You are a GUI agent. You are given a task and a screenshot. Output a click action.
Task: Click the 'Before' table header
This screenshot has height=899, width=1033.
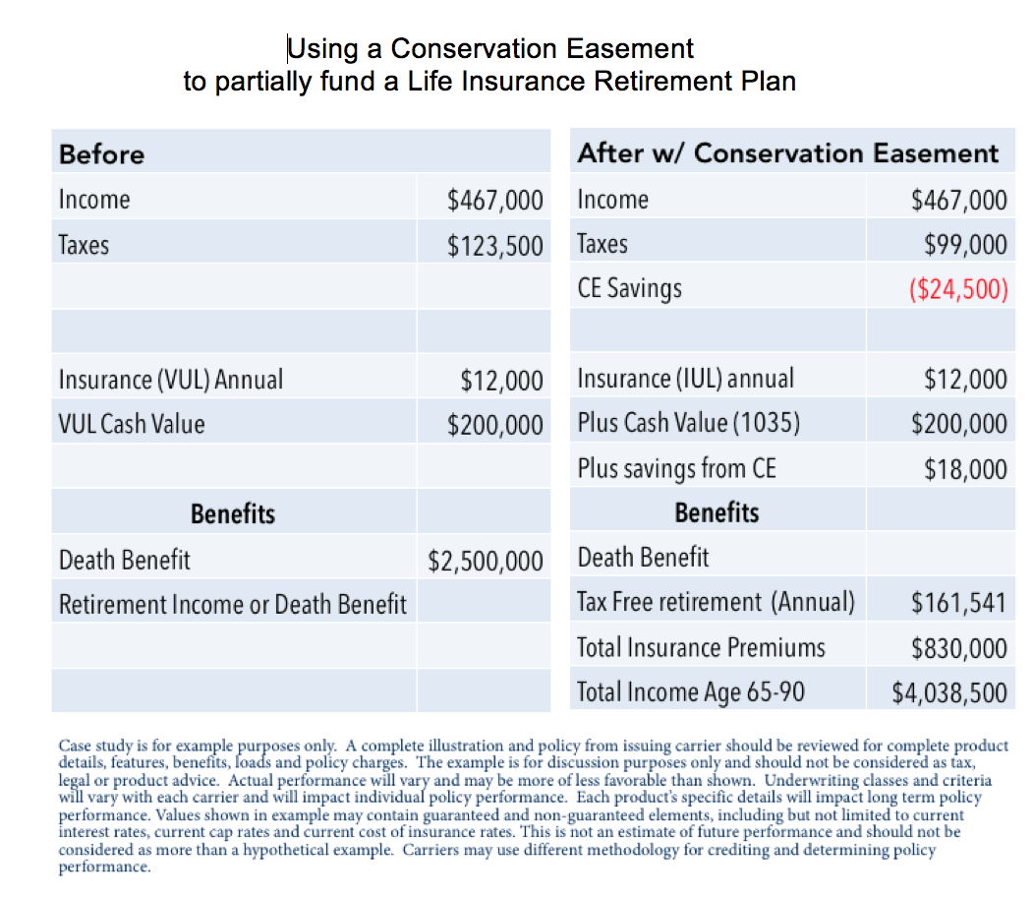click(101, 154)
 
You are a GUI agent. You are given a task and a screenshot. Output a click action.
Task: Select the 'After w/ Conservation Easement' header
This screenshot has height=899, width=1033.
click(787, 153)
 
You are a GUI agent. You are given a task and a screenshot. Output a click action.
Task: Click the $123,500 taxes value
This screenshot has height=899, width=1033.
click(494, 245)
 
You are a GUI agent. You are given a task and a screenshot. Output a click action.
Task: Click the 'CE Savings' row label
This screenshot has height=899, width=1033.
click(629, 288)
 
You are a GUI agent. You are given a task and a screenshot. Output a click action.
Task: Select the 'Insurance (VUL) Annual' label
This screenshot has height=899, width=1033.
click(170, 379)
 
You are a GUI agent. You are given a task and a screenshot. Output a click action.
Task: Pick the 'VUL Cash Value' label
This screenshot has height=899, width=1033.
click(132, 424)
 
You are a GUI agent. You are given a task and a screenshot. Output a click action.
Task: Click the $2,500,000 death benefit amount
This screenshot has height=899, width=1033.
click(485, 561)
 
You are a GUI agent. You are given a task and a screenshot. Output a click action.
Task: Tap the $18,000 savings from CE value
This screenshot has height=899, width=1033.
click(965, 469)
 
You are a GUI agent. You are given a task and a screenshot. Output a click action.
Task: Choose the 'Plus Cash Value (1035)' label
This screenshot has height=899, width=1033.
click(688, 424)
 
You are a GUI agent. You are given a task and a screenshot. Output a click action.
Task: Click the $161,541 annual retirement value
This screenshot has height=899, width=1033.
click(958, 602)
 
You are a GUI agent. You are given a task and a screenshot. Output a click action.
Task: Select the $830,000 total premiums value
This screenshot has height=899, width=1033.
click(958, 647)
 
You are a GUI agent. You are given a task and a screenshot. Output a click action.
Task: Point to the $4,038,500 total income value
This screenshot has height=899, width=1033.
click(948, 692)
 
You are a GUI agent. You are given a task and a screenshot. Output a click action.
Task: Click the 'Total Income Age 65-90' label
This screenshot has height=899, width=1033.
click(690, 692)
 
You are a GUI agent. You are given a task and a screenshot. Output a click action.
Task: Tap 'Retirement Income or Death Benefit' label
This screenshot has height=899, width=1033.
click(232, 604)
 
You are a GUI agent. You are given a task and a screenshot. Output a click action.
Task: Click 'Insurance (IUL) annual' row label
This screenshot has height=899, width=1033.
click(685, 379)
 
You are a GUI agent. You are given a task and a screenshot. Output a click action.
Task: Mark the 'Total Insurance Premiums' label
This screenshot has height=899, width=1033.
click(701, 647)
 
